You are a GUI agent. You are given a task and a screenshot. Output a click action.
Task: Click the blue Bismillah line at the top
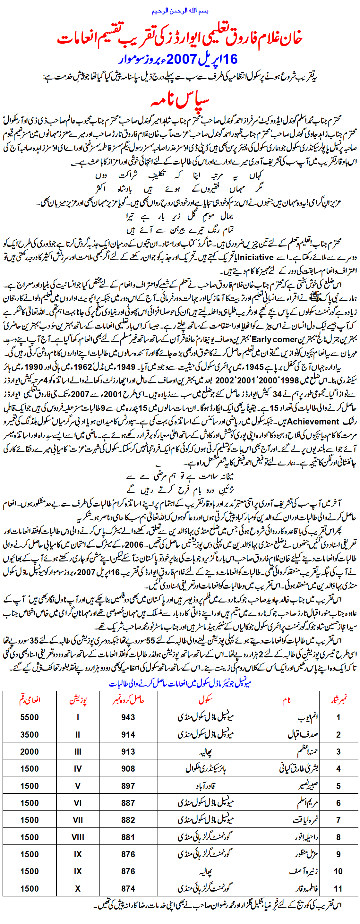point(180,11)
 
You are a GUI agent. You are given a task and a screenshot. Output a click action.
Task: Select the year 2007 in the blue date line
point(181,59)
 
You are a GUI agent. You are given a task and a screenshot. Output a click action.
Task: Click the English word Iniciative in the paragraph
point(255,257)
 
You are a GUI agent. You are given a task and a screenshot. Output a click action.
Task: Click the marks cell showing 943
point(128,717)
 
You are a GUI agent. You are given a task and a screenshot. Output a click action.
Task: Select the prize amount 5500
point(30,717)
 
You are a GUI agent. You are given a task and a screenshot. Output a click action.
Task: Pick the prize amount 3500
point(30,734)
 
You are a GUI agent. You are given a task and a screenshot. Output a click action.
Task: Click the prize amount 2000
point(30,751)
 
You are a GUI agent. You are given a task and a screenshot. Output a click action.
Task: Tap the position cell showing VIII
point(78,837)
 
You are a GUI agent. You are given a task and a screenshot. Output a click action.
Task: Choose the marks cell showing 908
point(128,769)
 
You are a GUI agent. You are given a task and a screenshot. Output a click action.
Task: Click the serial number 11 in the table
point(338,888)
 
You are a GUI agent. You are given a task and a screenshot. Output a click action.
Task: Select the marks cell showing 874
point(128,888)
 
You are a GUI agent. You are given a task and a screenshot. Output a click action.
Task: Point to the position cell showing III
point(78,751)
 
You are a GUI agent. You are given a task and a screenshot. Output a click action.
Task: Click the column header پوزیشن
point(78,700)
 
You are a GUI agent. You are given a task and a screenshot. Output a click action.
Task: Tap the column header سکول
point(205,700)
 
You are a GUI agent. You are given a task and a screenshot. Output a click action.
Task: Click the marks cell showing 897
point(128,786)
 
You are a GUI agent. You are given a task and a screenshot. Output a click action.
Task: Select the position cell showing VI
point(78,803)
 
